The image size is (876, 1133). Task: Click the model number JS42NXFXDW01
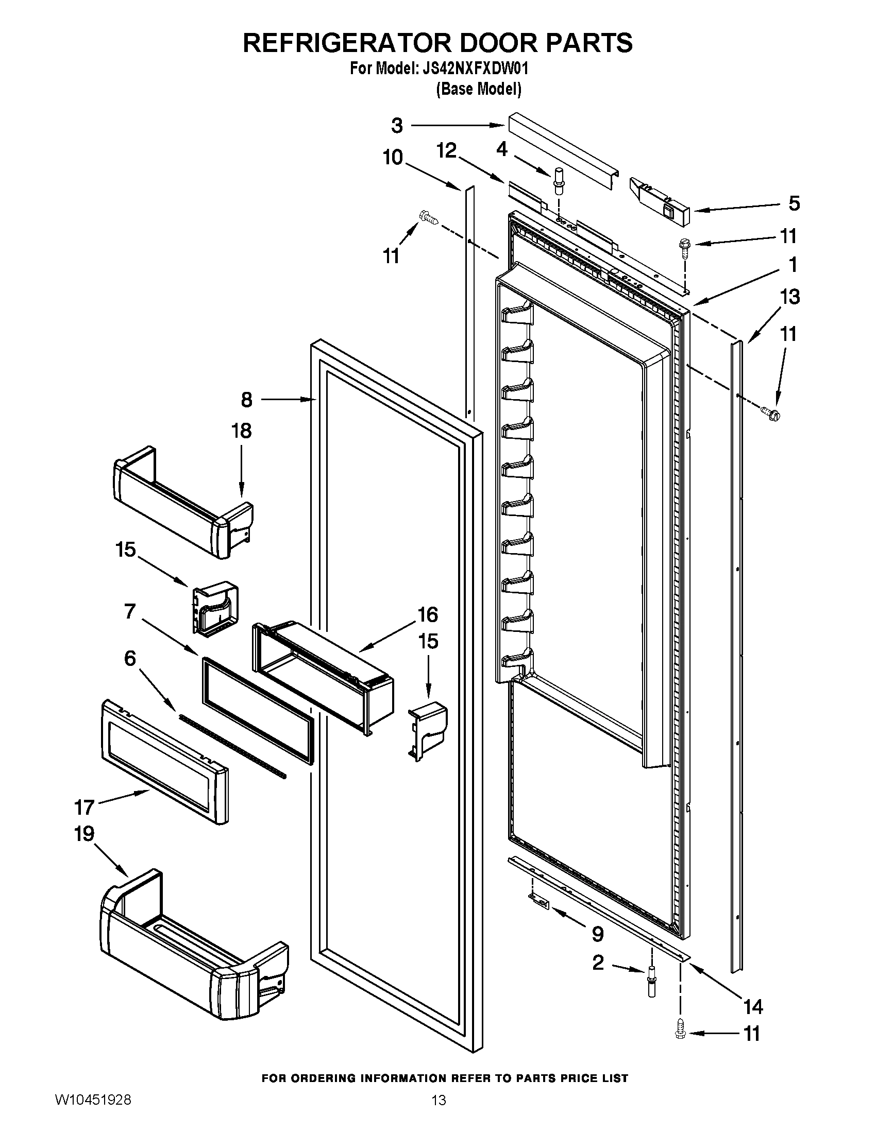471,68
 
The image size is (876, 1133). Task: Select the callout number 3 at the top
396,125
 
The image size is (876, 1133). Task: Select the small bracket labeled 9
539,901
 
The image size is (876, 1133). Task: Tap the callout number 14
752,1007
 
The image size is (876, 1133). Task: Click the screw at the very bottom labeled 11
680,1034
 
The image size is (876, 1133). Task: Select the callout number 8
246,400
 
